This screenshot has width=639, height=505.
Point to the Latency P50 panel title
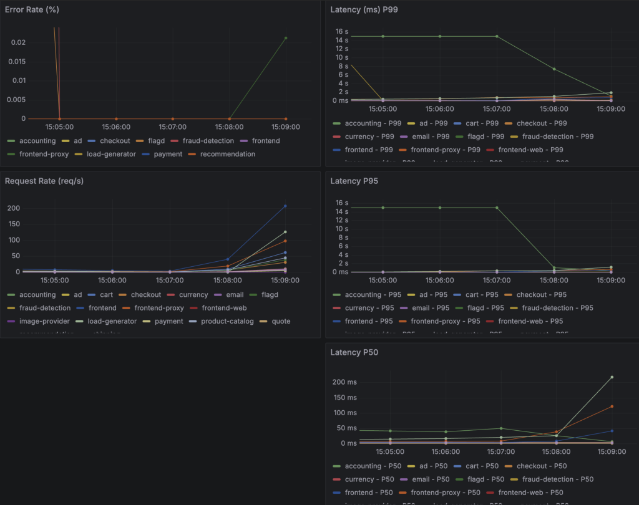click(x=354, y=352)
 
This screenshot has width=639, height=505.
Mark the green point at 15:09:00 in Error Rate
click(x=286, y=38)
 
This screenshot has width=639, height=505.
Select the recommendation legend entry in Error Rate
click(x=227, y=154)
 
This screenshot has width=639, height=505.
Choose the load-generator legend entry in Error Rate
click(x=111, y=154)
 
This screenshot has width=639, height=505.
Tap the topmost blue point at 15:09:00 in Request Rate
click(x=286, y=206)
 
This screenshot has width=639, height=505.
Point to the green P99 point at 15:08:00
click(x=554, y=69)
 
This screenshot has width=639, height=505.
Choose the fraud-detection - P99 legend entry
click(x=557, y=137)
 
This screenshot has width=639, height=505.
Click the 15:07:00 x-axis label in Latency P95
click(x=497, y=281)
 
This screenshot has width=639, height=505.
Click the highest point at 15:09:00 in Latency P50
click(x=612, y=377)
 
